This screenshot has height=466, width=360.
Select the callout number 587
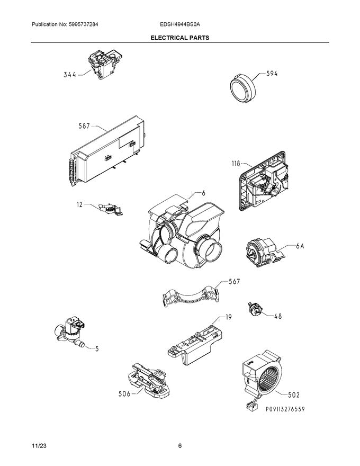click(84, 127)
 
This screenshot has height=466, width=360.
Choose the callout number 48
click(277, 317)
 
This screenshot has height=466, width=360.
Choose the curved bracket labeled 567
click(190, 297)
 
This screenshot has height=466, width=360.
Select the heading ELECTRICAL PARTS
click(179, 38)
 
